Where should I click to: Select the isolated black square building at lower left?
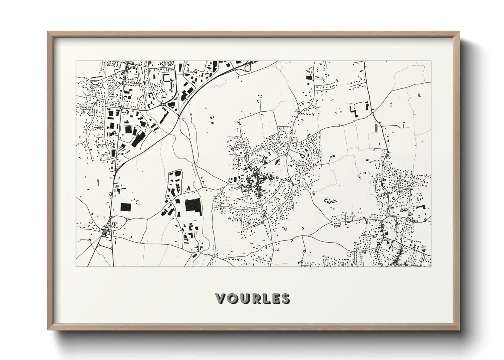pyautogui.click(x=126, y=207)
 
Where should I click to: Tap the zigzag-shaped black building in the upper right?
pyautogui.click(x=355, y=111)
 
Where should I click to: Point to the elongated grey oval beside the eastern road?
pyautogui.click(x=376, y=128)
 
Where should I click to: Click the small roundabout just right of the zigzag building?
pyautogui.click(x=373, y=111)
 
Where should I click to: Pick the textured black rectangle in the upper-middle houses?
pyautogui.click(x=309, y=78)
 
